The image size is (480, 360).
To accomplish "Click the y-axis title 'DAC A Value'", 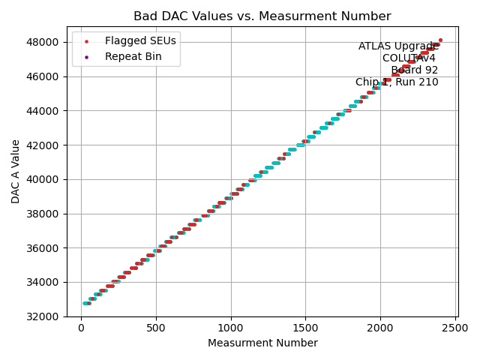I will pyautogui.click(x=16, y=172).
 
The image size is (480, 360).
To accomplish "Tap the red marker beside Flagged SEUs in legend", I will pyautogui.click(x=87, y=40).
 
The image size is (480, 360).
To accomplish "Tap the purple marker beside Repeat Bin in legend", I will pyautogui.click(x=87, y=56).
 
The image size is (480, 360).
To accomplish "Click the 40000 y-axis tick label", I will pyautogui.click(x=46, y=179).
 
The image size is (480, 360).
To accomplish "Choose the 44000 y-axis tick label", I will pyautogui.click(x=46, y=110).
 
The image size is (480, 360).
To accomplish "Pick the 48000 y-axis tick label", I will pyautogui.click(x=46, y=42).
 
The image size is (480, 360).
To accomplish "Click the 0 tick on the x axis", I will pyautogui.click(x=82, y=327).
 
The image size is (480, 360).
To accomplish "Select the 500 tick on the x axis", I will pyautogui.click(x=156, y=327).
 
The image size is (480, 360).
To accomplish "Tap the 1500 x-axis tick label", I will pyautogui.click(x=305, y=327).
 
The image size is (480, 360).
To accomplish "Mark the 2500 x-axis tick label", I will pyautogui.click(x=454, y=327).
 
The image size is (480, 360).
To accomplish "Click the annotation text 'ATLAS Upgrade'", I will pyautogui.click(x=398, y=46).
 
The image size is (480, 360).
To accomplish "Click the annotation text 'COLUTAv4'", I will pyautogui.click(x=409, y=58).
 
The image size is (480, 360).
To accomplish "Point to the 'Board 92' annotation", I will pyautogui.click(x=414, y=70).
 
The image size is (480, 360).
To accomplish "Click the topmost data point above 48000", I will pyautogui.click(x=440, y=40).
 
